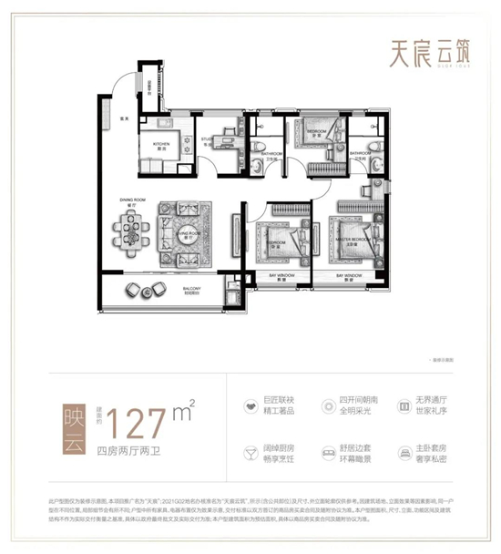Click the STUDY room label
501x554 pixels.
coord(208,141)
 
